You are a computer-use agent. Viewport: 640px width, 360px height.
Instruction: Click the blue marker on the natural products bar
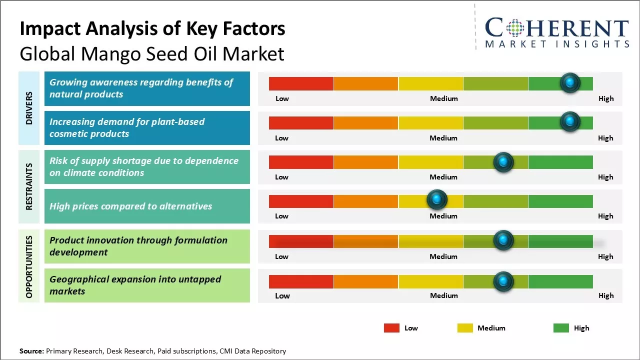tap(569, 83)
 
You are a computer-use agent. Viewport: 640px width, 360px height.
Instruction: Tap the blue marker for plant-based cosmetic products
tap(569, 122)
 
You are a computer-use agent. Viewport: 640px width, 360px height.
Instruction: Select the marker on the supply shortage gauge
tap(503, 162)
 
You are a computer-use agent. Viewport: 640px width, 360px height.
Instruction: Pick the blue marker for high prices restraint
tap(437, 200)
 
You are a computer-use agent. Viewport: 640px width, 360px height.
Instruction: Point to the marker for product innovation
tap(503, 240)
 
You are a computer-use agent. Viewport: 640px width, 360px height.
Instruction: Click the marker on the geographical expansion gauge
tap(503, 281)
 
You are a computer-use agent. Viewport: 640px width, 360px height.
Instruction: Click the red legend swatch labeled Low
tap(391, 328)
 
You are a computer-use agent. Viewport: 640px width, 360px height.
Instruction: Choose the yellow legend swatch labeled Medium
tap(465, 328)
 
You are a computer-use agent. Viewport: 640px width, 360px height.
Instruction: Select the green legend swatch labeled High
tap(561, 328)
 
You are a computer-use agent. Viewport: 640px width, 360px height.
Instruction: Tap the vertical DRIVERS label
tap(29, 108)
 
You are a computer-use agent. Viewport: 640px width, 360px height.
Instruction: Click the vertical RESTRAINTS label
tap(29, 186)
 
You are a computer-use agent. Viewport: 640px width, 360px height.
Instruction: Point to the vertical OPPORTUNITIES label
tap(29, 266)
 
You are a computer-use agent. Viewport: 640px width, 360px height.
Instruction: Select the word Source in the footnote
tap(31, 351)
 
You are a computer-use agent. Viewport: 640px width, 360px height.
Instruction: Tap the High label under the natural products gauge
tap(605, 98)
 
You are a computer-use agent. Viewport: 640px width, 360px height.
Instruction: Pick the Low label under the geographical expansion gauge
tap(282, 295)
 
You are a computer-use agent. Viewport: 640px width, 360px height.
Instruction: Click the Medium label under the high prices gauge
tap(443, 216)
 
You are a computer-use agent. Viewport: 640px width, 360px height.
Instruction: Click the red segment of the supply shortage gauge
tap(301, 162)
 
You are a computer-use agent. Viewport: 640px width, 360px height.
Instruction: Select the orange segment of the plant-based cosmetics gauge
tap(366, 122)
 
